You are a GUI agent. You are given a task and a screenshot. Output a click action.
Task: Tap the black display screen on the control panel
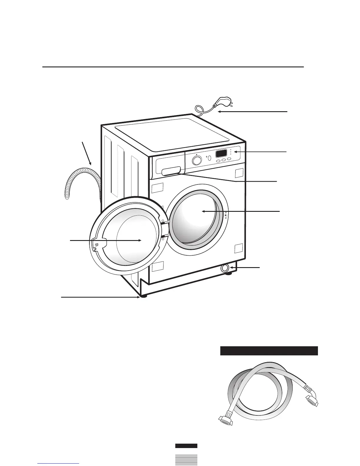click(x=221, y=153)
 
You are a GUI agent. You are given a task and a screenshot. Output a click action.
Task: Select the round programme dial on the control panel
click(x=197, y=160)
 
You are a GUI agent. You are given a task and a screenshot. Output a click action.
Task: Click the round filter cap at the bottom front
click(x=225, y=268)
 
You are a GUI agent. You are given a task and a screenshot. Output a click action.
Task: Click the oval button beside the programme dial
click(x=209, y=158)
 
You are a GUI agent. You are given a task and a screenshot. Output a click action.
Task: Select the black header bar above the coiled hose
click(x=269, y=351)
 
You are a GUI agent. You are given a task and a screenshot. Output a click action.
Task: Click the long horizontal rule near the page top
click(x=173, y=67)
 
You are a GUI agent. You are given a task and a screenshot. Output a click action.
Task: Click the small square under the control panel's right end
click(x=239, y=173)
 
